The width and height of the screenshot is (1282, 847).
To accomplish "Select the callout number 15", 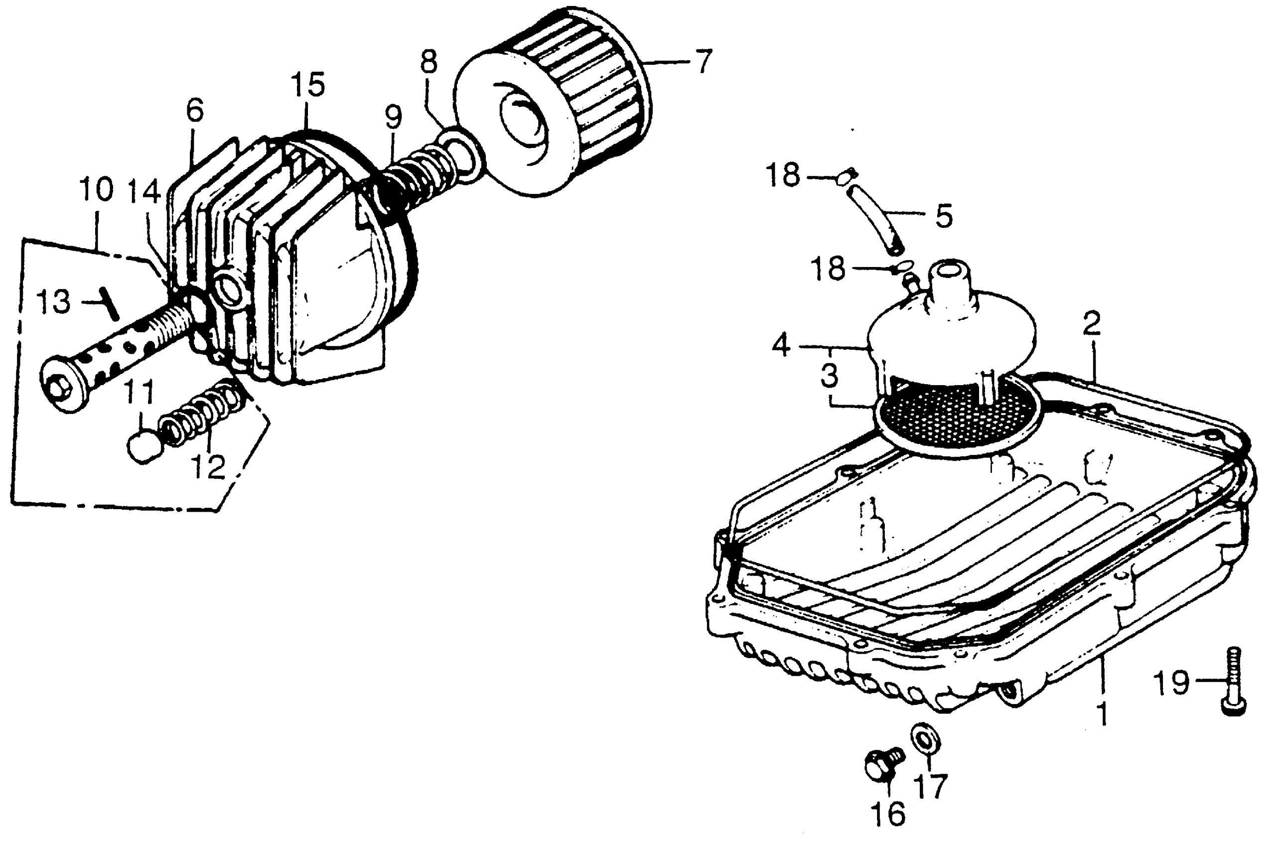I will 307,85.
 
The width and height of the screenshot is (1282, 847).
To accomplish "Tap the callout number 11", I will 140,393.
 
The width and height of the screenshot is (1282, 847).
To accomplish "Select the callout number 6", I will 194,111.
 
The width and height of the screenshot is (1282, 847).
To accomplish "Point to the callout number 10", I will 96,190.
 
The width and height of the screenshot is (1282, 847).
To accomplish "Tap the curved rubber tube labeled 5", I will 874,221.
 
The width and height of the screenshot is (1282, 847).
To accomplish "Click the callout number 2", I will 1091,325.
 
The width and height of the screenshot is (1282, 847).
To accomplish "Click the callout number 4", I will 781,345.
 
